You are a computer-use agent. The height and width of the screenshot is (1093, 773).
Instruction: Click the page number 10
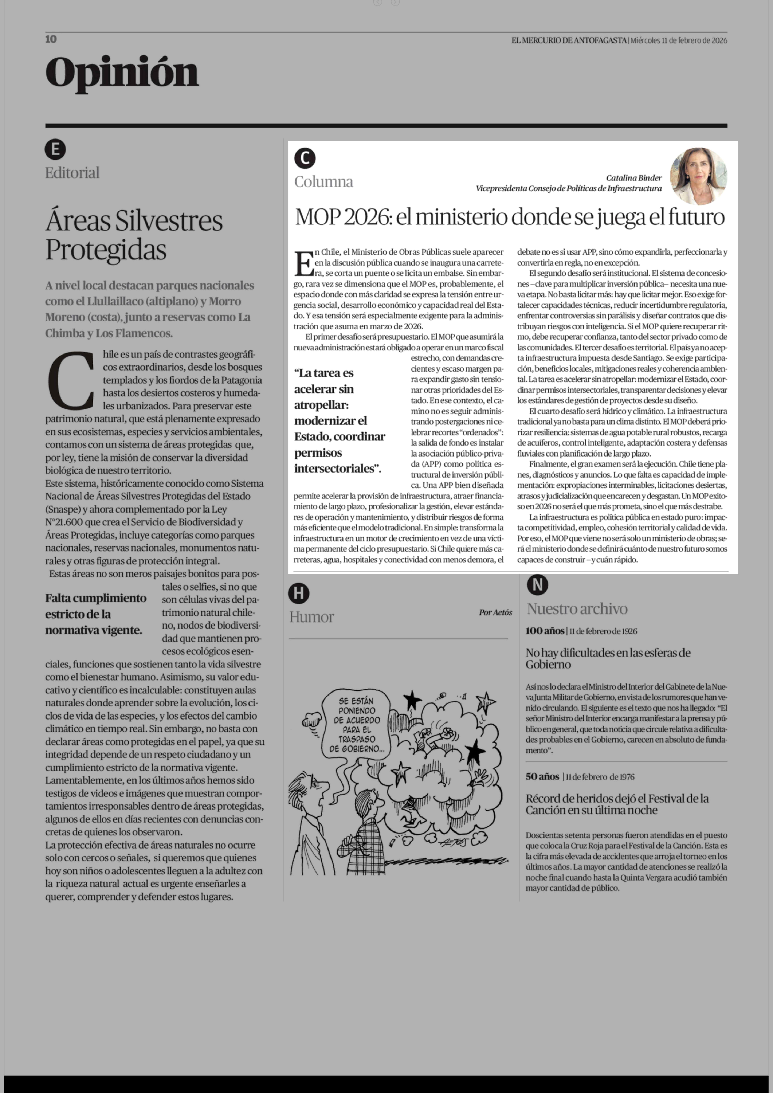pos(51,39)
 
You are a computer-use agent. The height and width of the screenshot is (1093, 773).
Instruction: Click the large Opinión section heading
pos(122,73)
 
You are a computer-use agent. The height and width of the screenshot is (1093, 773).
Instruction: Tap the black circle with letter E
pos(55,149)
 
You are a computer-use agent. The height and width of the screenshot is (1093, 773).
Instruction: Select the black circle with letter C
pos(305,158)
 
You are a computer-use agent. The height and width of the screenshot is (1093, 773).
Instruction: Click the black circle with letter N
pos(537,585)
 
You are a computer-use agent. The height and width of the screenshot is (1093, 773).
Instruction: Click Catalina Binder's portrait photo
pos(698,176)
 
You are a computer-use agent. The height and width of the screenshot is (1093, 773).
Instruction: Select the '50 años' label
pos(542,776)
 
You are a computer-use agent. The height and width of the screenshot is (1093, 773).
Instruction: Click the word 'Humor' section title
pos(312,617)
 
